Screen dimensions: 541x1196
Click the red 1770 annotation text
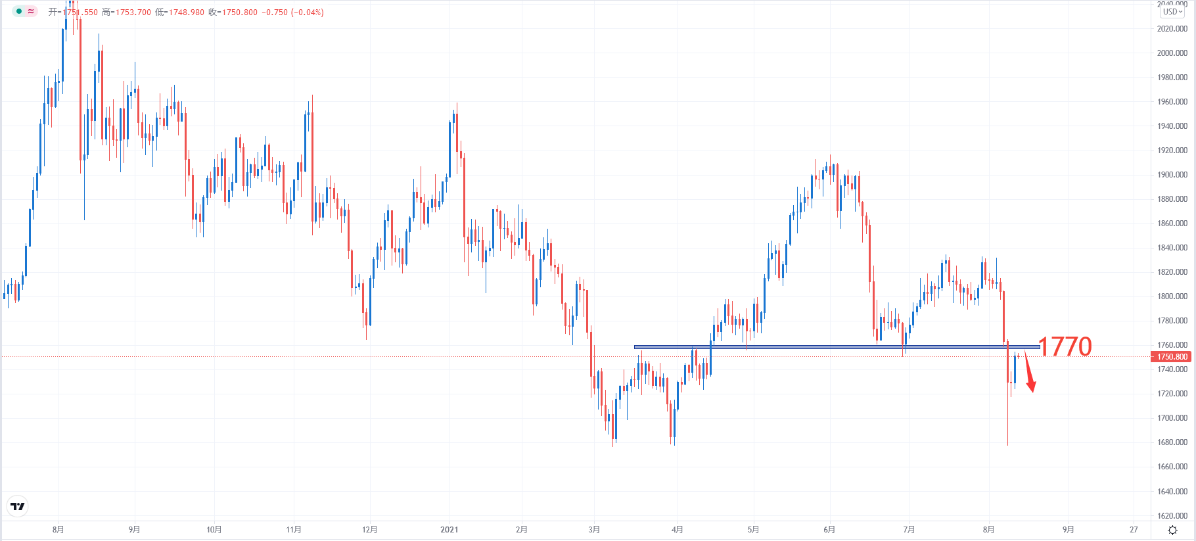[x=1065, y=346]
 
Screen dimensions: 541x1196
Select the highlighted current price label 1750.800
[x=1172, y=357]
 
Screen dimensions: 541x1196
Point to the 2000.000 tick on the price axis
[x=1172, y=53]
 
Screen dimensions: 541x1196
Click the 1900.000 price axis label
[x=1172, y=175]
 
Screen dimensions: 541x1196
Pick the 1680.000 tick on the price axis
[x=1172, y=442]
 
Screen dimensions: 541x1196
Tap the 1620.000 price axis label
[x=1172, y=516]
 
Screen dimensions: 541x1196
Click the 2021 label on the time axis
[x=449, y=530]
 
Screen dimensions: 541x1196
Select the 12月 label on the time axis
[x=370, y=530]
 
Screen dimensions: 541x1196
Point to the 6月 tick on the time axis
[x=829, y=530]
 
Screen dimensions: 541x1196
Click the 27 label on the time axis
[x=1134, y=530]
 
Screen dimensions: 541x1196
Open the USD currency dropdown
[x=1172, y=12]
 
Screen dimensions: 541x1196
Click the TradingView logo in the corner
[x=18, y=506]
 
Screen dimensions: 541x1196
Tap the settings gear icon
[x=1172, y=530]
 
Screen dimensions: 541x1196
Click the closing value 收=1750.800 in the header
[x=233, y=12]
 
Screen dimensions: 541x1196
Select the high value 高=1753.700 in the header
[x=126, y=12]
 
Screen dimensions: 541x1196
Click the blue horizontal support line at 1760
[x=789, y=347]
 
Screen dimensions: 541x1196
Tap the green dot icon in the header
[x=19, y=11]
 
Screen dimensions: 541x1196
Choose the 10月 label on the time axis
[x=214, y=530]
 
